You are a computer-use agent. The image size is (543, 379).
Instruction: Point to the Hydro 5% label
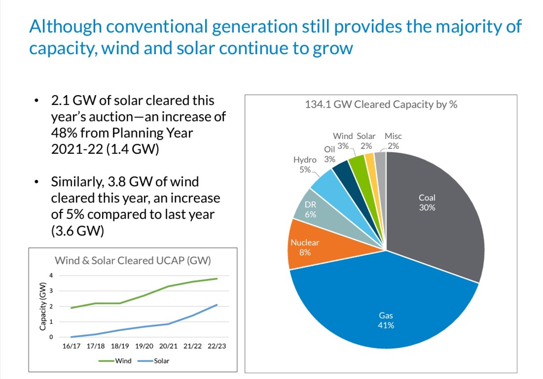point(305,165)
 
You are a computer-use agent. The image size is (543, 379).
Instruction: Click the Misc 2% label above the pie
point(393,141)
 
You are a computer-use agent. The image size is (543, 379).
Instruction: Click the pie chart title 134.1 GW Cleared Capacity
point(381,104)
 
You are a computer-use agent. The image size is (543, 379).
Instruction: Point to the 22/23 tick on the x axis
point(217,346)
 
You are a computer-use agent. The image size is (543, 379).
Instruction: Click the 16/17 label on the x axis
point(71,346)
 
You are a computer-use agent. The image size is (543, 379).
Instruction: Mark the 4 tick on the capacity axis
point(51,275)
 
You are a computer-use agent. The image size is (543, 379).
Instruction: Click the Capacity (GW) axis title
point(43,307)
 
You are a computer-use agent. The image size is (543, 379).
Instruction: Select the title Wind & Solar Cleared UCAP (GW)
point(133,261)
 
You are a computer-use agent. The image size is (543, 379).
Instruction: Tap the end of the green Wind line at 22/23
point(217,279)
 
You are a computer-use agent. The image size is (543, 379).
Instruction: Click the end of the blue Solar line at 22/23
point(217,305)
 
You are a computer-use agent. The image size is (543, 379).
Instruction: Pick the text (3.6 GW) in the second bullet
point(77,230)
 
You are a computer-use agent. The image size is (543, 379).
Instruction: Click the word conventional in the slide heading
point(157,26)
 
